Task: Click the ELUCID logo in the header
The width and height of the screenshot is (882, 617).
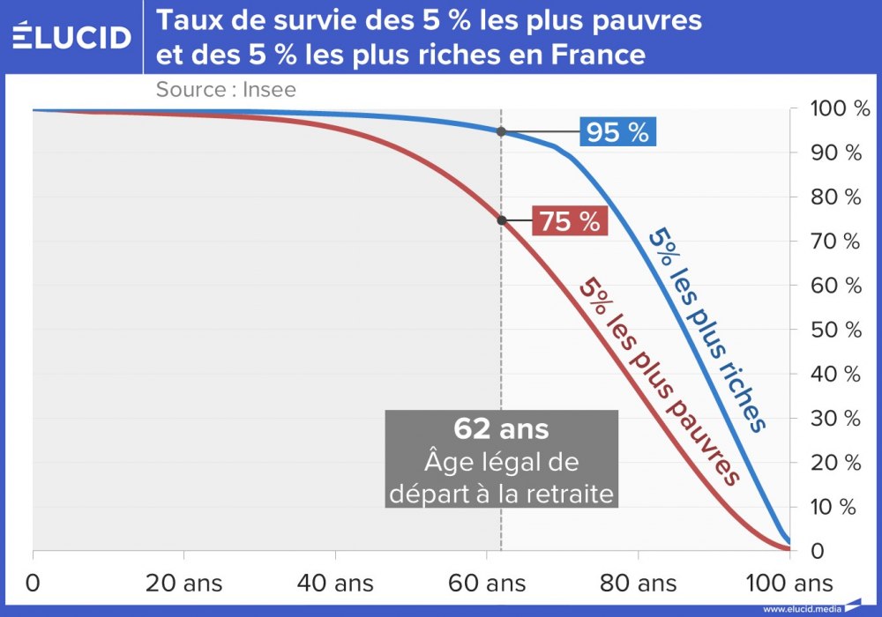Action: [72, 36]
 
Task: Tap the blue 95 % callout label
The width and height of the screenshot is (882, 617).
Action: [617, 132]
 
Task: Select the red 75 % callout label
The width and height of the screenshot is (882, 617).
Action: [570, 221]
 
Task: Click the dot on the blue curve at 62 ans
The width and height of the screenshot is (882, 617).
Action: [501, 131]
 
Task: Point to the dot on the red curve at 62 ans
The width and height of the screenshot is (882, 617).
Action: [501, 219]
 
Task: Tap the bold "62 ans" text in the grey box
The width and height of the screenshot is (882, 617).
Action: [501, 428]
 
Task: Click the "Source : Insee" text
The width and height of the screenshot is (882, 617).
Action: [226, 89]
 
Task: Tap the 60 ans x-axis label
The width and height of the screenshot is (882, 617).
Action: [488, 583]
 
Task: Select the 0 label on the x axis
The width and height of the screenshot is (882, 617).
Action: [34, 583]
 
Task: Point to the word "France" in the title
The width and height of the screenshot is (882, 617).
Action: [599, 55]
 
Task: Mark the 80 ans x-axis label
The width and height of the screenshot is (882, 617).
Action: [639, 583]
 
